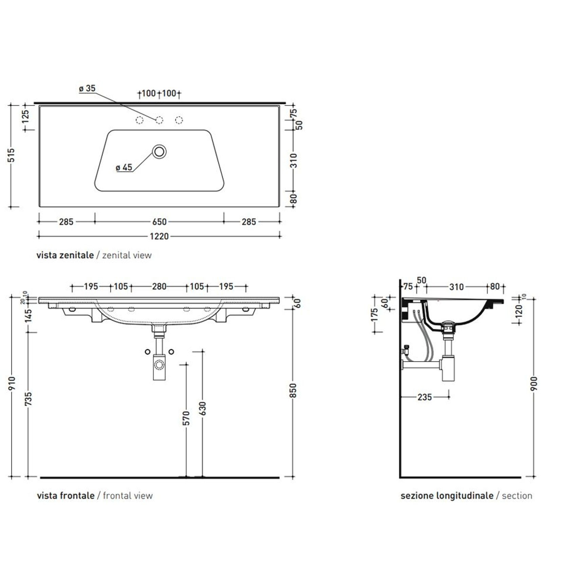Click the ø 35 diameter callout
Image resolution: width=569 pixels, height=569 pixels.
[x=87, y=89]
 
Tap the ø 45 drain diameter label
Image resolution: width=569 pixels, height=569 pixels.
[x=124, y=167]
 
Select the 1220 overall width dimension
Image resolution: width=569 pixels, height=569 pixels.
[x=159, y=236]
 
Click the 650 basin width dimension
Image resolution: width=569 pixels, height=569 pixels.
[x=159, y=222]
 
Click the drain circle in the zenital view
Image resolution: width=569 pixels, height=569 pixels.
[x=159, y=151]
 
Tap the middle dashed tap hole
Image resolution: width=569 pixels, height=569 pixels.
[x=159, y=120]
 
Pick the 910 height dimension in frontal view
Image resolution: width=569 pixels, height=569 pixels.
[x=12, y=383]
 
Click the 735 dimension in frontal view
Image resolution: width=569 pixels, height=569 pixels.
[x=29, y=399]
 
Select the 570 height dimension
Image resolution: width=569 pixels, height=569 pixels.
[x=186, y=418]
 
